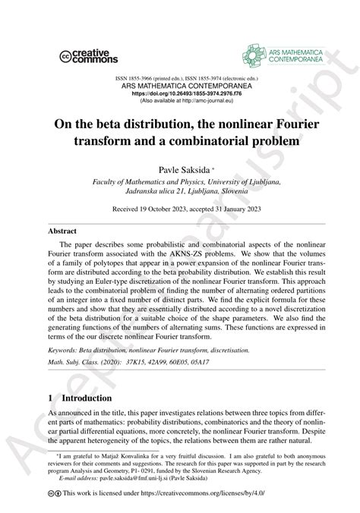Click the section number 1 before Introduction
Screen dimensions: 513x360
pos(52,419)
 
